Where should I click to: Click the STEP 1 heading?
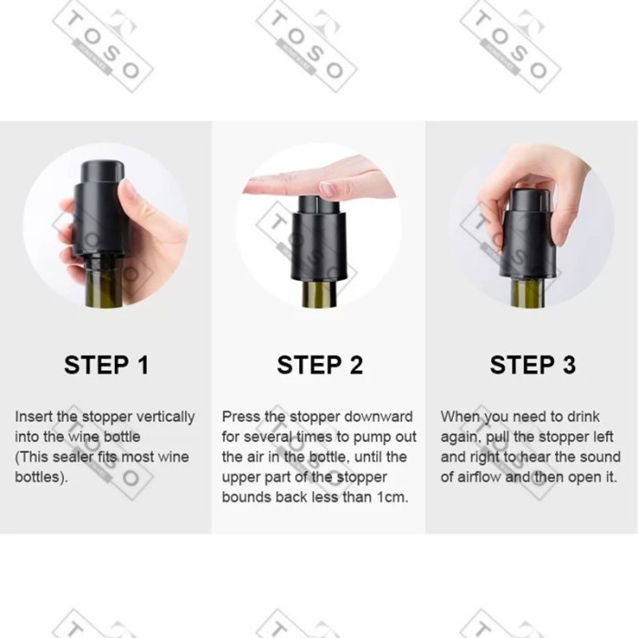coord(106,365)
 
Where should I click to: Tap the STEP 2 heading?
coord(320,365)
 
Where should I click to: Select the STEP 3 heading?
coord(533,365)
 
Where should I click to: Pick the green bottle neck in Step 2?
coord(319,294)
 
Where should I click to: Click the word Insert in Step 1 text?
coord(34,417)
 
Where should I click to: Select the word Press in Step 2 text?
coord(242,417)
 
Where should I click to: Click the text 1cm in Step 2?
coord(392,497)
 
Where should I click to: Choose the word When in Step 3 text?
coord(459,417)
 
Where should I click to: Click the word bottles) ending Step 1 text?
coord(41,477)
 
